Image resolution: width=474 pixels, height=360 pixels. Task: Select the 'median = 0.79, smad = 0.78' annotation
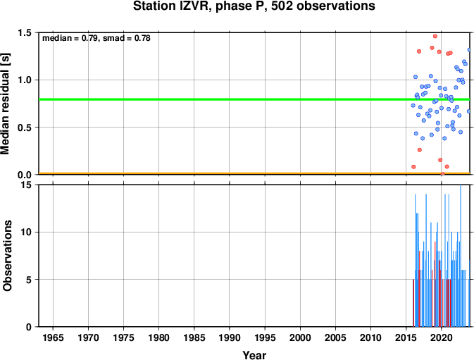[96, 38]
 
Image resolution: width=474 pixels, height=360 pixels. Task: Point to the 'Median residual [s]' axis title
[5, 104]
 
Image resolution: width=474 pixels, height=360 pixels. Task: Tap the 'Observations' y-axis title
[7, 256]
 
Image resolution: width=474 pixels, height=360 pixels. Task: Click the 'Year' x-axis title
[254, 355]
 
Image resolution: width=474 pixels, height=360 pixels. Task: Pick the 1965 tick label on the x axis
[53, 337]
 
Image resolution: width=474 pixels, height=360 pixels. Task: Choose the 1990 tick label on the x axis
[230, 337]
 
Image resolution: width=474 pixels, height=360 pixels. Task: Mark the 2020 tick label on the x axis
[442, 337]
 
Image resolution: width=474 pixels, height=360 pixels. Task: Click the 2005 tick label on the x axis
[335, 337]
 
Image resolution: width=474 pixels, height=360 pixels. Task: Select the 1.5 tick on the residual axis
[25, 32]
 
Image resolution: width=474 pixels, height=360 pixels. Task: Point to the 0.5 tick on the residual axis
[25, 128]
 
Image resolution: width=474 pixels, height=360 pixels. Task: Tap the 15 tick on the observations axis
[26, 185]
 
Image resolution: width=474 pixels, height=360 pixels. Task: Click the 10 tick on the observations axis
[26, 232]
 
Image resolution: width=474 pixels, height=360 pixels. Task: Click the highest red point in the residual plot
[435, 36]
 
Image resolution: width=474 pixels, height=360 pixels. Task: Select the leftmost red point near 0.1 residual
[413, 167]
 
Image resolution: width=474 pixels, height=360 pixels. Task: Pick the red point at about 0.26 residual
[420, 150]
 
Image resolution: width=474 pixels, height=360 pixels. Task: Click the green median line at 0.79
[254, 99]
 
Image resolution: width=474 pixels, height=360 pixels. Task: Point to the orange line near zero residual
[254, 173]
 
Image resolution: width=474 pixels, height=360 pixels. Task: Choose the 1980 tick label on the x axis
[158, 337]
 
